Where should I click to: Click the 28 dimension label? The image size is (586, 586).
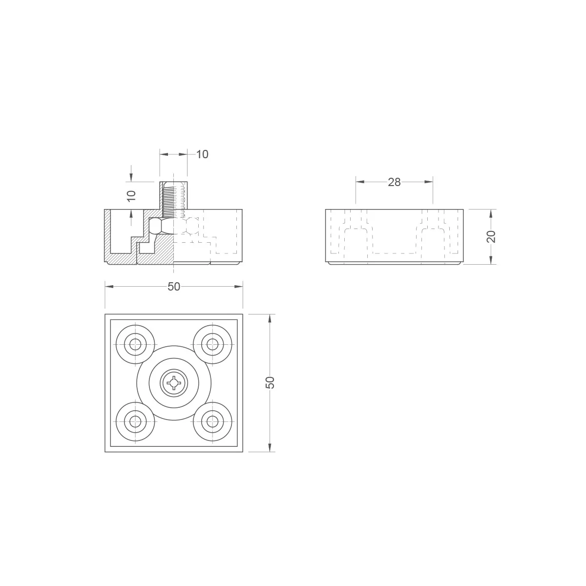click(x=394, y=182)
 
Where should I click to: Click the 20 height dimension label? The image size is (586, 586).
click(x=491, y=236)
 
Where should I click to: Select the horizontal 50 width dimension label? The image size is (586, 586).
click(x=174, y=287)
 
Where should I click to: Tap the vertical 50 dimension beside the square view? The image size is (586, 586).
click(x=270, y=382)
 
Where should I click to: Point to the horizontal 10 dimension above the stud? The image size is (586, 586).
click(x=202, y=154)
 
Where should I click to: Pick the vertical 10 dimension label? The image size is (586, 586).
click(x=131, y=196)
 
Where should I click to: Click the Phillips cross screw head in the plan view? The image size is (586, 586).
click(x=174, y=383)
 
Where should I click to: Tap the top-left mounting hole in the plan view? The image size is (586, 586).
click(x=135, y=344)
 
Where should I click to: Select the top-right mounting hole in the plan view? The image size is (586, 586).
click(x=212, y=344)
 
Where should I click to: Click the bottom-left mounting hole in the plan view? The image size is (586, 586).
click(x=135, y=421)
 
